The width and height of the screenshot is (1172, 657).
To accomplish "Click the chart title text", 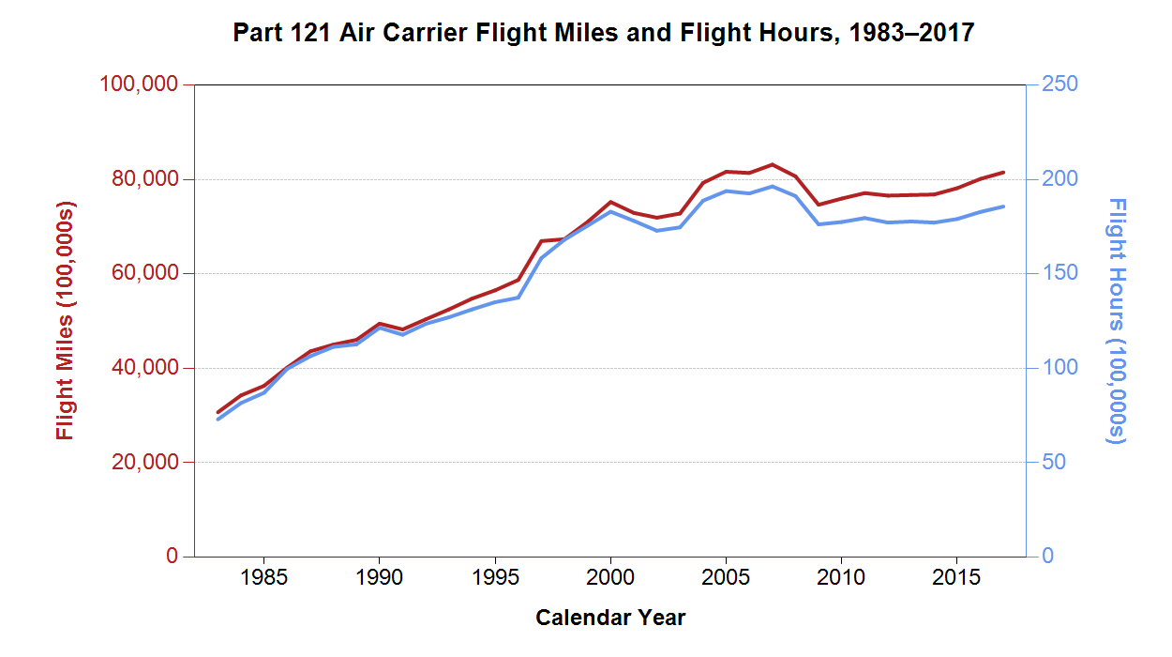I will pos(604,34).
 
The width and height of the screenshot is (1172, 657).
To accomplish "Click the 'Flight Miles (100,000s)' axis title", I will pos(65,320).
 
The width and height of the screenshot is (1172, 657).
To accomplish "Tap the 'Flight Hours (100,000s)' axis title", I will pos(1116,320).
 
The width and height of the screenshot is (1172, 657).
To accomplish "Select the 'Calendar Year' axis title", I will pos(610,618).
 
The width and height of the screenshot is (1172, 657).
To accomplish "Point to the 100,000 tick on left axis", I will pos(138,84).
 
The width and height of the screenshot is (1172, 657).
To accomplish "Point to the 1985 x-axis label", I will pos(263,575).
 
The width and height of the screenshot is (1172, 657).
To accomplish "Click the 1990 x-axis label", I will pos(379,575).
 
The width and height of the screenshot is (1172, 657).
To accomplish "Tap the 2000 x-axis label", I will pos(610,575).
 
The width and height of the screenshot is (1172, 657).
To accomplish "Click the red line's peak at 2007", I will pos(772,164).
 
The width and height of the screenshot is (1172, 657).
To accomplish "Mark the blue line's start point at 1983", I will pos(218,419).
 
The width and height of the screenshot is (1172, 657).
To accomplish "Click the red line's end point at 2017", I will pos(1003,172).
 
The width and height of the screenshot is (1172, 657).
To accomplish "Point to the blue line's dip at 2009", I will pos(819,224).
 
